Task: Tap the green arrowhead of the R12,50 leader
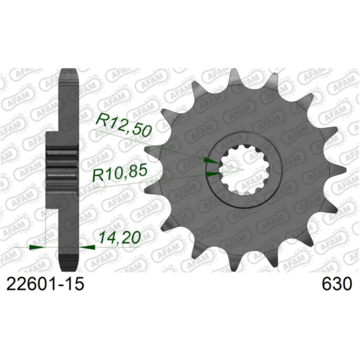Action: point(211,161)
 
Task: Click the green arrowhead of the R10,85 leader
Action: point(212,174)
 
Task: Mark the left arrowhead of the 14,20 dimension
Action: point(38,246)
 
